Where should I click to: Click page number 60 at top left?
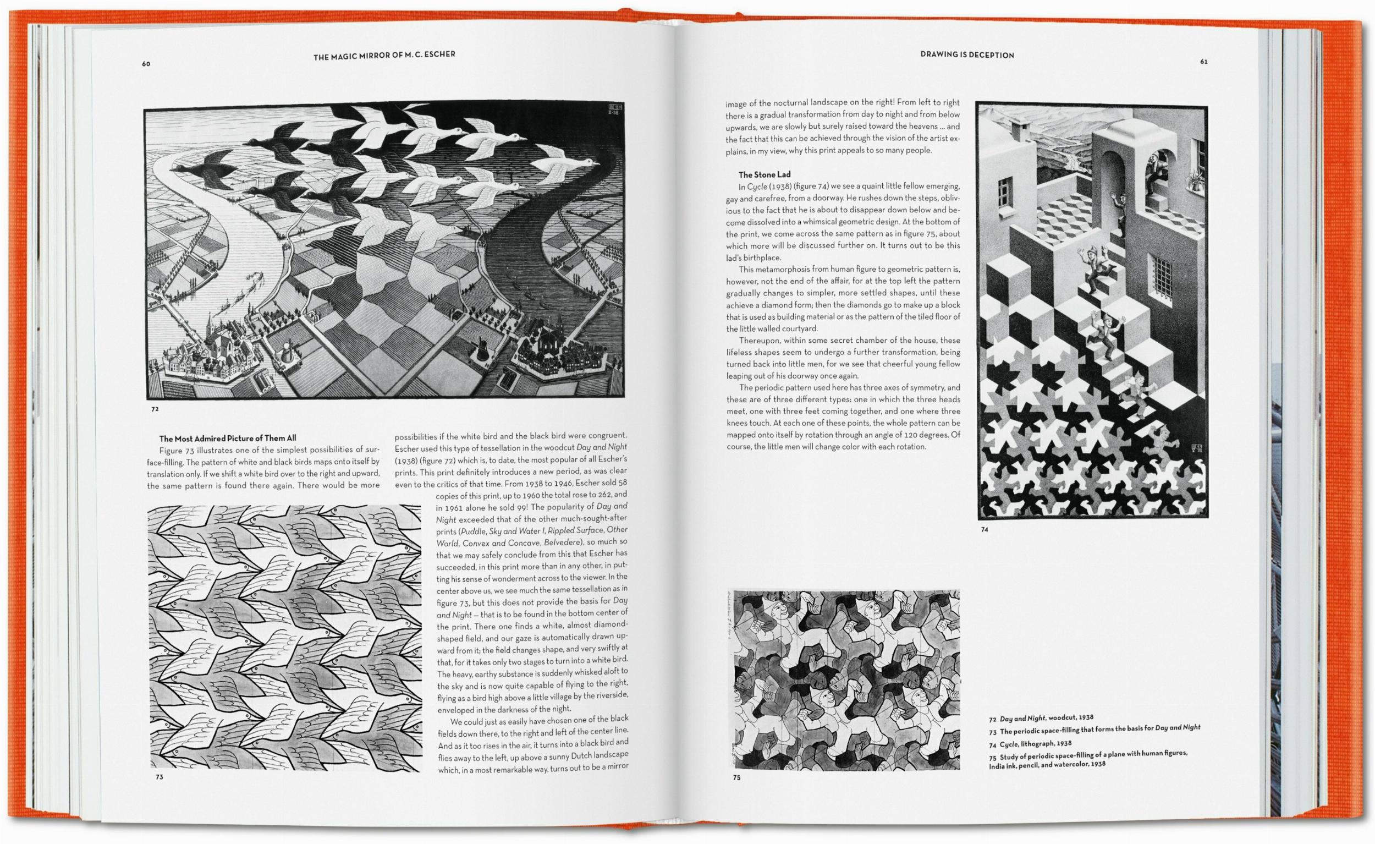(x=146, y=64)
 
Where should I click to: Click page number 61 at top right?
(x=1204, y=62)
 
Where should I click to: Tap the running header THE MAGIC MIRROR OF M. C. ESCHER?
(x=384, y=54)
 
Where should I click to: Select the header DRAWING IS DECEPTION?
(x=966, y=54)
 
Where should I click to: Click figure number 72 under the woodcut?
(x=155, y=409)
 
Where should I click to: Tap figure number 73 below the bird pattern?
(x=159, y=776)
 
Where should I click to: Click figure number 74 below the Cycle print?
(x=985, y=530)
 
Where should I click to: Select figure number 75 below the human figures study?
(x=736, y=777)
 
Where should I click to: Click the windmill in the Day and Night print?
(x=479, y=349)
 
